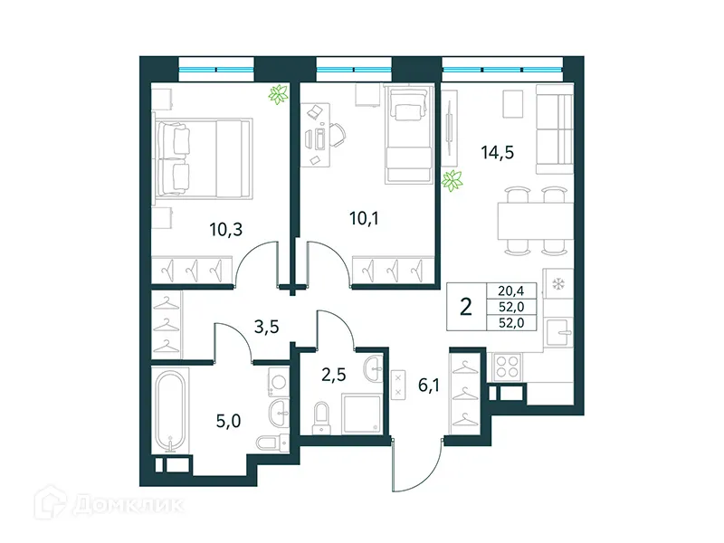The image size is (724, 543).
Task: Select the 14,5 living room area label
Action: pyautogui.click(x=497, y=153)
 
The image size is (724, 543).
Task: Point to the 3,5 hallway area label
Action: pyautogui.click(x=265, y=327)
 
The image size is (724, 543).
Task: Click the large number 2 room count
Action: pyautogui.click(x=466, y=306)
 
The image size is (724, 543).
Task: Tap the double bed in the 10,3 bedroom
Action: pyautogui.click(x=202, y=158)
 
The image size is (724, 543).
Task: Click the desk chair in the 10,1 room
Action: pyautogui.click(x=336, y=136)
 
